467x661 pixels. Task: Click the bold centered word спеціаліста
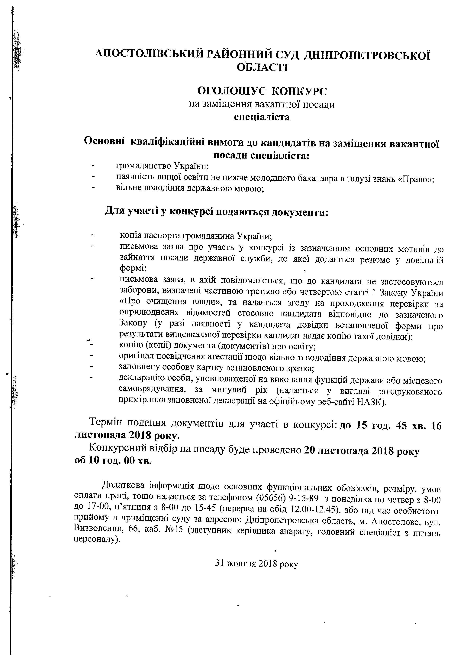point(262,117)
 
